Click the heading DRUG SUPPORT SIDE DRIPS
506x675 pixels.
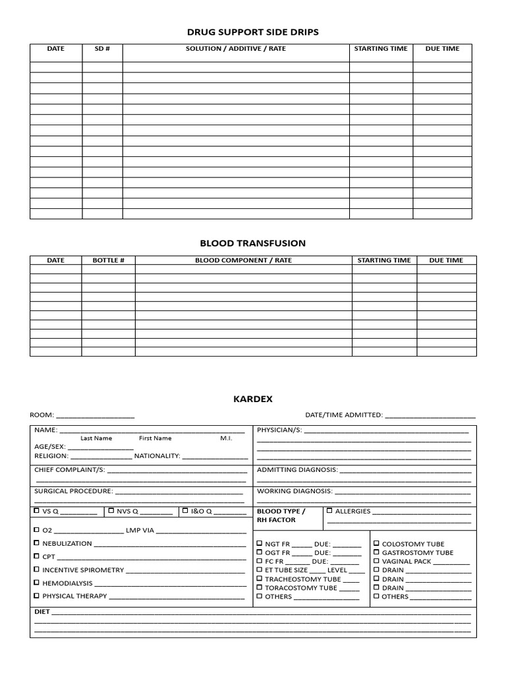point(252,32)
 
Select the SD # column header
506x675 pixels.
point(102,49)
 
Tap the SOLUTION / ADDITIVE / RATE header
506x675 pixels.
point(236,49)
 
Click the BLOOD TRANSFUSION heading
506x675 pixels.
point(252,243)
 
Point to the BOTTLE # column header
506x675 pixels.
point(108,260)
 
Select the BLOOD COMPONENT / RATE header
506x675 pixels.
point(243,260)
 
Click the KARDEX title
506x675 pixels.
point(252,399)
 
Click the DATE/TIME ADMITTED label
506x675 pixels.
point(343,415)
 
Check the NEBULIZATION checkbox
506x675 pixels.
point(36,543)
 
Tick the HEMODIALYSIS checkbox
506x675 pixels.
point(36,583)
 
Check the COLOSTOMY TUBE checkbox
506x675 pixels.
point(376,544)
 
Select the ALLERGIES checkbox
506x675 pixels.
point(329,510)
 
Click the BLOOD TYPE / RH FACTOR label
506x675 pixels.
point(281,515)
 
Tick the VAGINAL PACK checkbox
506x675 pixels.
point(376,561)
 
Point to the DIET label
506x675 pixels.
point(42,612)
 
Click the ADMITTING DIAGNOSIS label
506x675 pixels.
point(296,470)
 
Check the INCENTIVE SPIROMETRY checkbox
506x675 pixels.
point(36,570)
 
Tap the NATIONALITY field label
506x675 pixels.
point(157,455)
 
